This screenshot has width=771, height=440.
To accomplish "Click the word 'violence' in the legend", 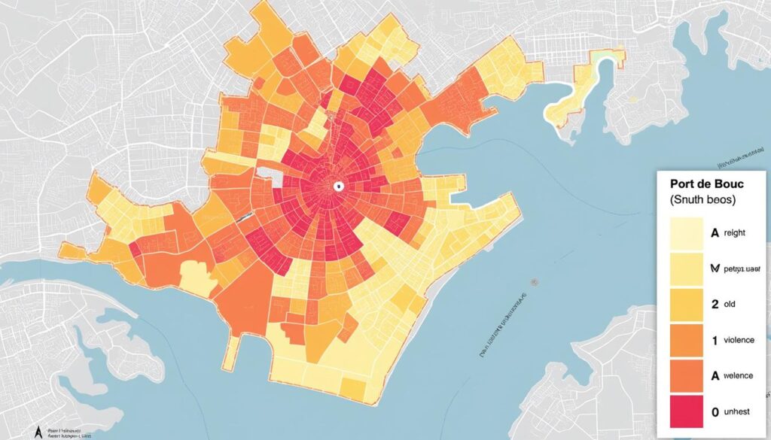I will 738,340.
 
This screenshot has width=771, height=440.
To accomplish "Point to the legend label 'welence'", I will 738,376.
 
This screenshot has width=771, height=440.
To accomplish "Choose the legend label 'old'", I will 730,305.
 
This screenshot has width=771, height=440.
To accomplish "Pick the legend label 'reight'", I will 734,233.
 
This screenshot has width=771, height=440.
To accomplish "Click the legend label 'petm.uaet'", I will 741,269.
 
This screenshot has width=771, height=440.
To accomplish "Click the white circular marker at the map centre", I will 338,186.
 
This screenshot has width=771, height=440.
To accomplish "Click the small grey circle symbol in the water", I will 534,282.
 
